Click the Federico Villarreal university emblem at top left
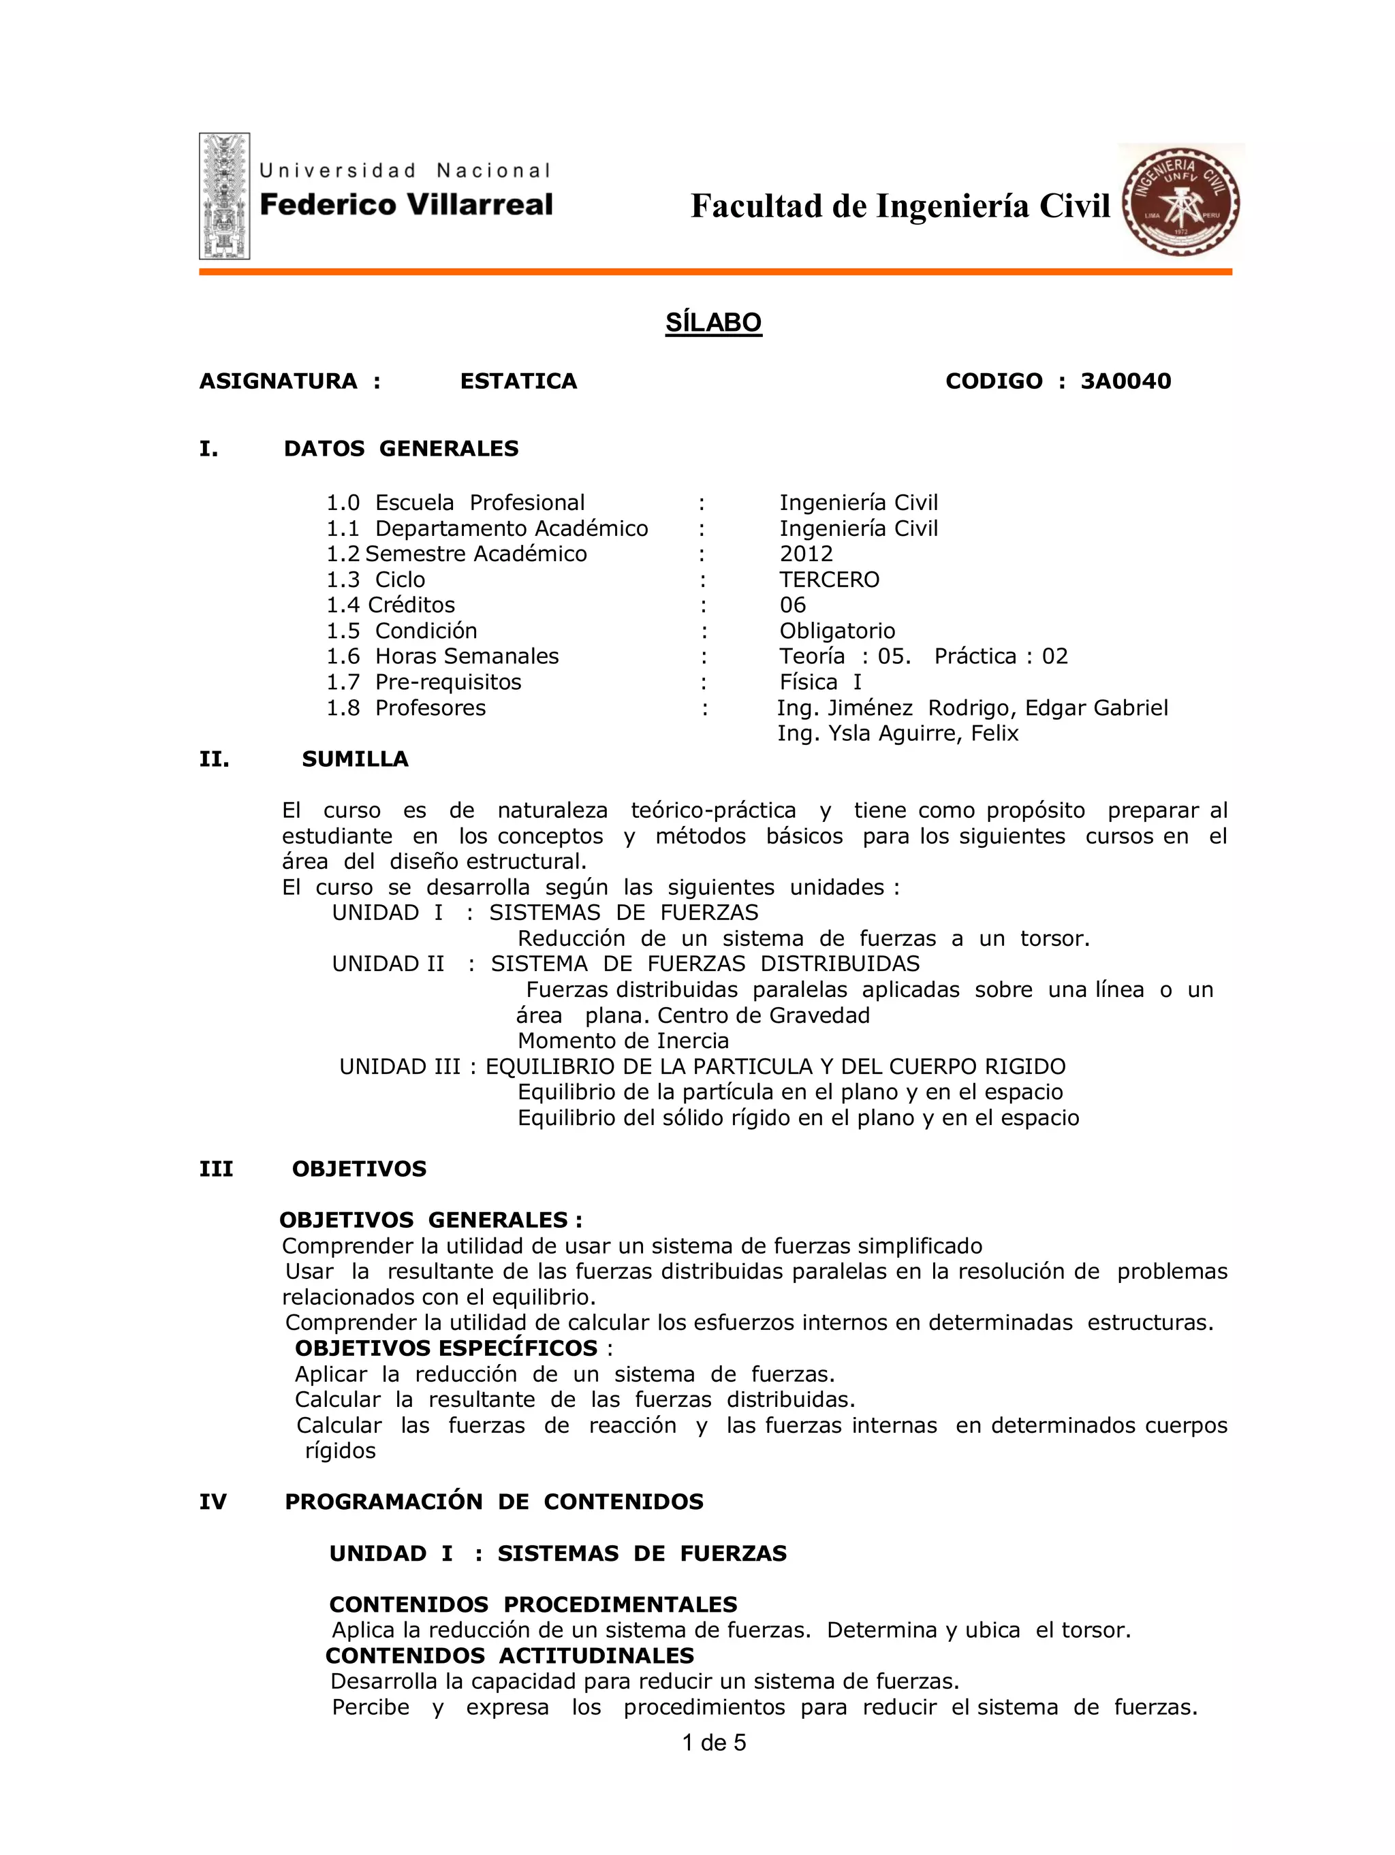(x=224, y=195)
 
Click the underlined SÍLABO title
(x=713, y=323)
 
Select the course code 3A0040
(x=1125, y=381)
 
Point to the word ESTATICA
(x=518, y=381)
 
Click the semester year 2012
(x=805, y=554)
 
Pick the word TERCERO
(x=829, y=580)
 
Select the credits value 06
(x=792, y=605)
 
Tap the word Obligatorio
(x=836, y=631)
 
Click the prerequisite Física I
(x=819, y=682)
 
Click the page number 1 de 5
(x=713, y=1743)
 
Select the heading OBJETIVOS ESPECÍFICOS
(x=446, y=1348)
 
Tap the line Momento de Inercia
(x=623, y=1041)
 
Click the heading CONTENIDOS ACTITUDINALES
(x=510, y=1656)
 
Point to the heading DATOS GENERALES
(x=401, y=449)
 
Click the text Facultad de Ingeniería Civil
(x=899, y=206)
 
